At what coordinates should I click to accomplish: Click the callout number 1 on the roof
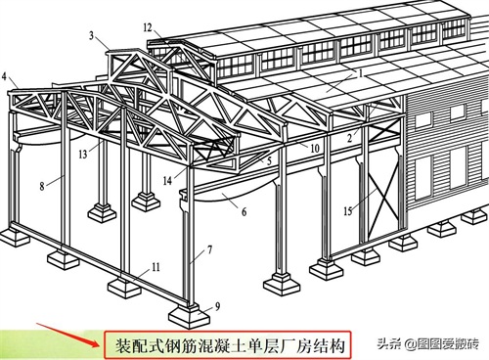[361, 73]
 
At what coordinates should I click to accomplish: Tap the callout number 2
[350, 138]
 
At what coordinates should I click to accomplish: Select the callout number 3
[92, 35]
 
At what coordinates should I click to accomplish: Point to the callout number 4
[4, 76]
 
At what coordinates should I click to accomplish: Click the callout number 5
[269, 160]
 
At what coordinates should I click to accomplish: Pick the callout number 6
[244, 212]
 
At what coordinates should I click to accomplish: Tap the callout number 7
[210, 249]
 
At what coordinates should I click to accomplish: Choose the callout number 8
[42, 186]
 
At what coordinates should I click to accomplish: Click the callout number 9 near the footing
[217, 306]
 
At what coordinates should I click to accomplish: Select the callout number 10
[314, 149]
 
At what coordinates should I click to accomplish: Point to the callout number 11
[156, 267]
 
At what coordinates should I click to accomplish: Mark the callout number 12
[148, 27]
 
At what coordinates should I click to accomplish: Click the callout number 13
[83, 154]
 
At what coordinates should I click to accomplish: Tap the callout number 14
[167, 180]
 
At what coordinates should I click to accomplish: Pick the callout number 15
[348, 211]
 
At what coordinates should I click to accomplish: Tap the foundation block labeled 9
[189, 315]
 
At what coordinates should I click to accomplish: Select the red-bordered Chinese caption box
[228, 345]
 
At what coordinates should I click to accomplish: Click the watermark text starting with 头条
[428, 344]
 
